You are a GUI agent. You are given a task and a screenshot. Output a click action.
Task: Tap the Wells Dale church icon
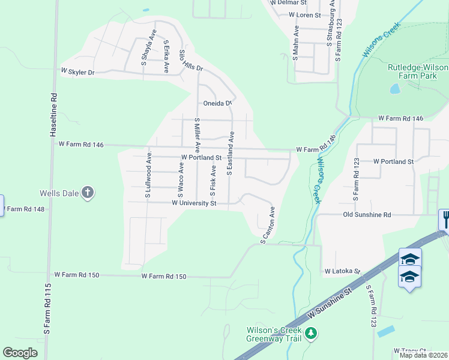tap(88, 193)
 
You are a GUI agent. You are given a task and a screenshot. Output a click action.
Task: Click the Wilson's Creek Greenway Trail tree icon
tap(310, 333)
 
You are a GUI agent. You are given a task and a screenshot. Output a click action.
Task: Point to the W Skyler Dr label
tap(78, 72)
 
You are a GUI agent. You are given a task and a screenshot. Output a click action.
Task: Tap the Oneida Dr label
tap(217, 103)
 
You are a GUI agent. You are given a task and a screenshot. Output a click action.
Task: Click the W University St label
tap(194, 203)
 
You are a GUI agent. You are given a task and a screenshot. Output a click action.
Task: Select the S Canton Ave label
tap(267, 226)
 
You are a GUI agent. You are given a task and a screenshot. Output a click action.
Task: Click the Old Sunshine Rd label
tap(367, 214)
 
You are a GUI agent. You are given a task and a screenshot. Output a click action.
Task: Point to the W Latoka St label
tap(342, 271)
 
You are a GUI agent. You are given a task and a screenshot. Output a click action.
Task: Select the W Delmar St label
tap(288, 2)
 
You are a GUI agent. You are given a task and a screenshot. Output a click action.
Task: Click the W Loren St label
tap(305, 14)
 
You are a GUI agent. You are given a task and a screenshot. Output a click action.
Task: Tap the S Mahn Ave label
tap(295, 43)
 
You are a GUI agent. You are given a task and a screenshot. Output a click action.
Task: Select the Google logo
tap(20, 353)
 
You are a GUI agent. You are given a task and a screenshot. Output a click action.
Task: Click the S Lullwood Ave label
tap(148, 175)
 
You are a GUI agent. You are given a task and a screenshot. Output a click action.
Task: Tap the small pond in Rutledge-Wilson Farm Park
tap(395, 89)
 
